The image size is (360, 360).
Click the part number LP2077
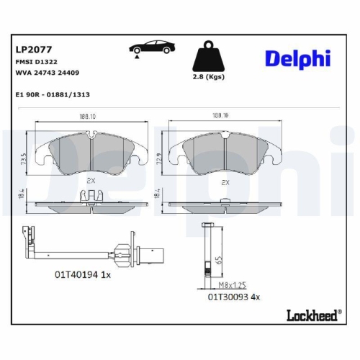[32, 50]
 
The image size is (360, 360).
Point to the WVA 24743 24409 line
[48, 73]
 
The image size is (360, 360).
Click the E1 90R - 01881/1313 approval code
[53, 94]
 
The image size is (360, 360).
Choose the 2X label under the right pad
[226, 182]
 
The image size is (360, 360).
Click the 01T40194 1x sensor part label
[81, 274]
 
